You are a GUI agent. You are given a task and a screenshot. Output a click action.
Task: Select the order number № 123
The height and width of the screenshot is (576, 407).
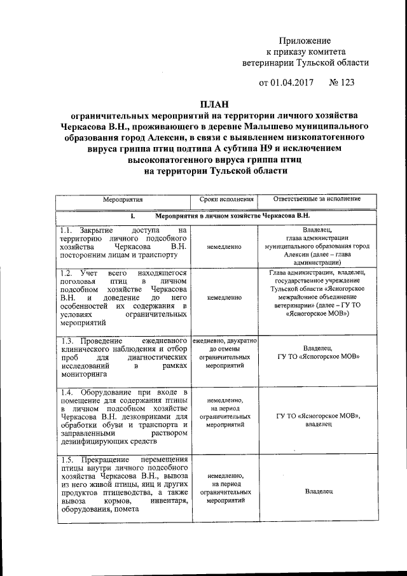point(342,82)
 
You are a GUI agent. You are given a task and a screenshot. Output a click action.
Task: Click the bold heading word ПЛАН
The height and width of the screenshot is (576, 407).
point(214,103)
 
